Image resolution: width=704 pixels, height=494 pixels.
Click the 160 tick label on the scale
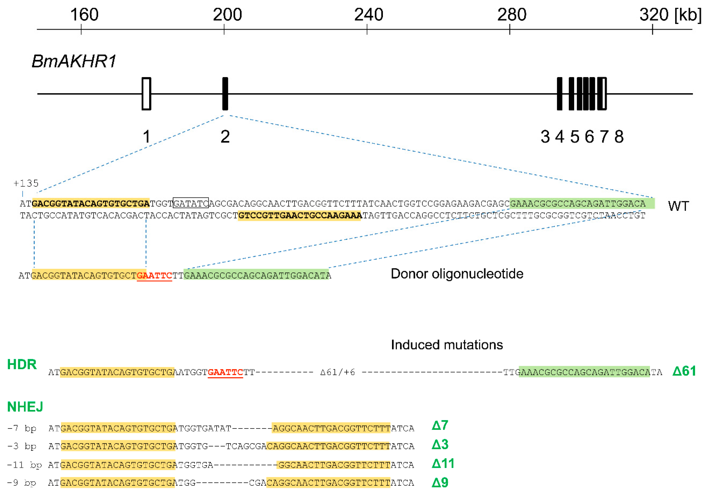84,14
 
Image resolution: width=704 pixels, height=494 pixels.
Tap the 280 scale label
512,14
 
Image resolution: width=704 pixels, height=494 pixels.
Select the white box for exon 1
146,94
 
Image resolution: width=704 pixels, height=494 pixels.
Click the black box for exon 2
225,94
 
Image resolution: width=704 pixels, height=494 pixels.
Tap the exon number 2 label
225,137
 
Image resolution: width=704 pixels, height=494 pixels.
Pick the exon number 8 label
619,137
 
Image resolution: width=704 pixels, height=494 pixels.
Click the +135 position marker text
26,184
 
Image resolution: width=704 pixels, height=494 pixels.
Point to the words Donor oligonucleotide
457,274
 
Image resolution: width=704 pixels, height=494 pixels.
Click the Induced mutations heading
447,345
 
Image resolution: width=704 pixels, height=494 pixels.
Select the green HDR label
22,364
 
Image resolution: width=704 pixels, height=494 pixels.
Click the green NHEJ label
25,407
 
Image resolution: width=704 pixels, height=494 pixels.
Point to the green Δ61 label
684,371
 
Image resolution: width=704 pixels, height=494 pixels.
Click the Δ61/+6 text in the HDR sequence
337,372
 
